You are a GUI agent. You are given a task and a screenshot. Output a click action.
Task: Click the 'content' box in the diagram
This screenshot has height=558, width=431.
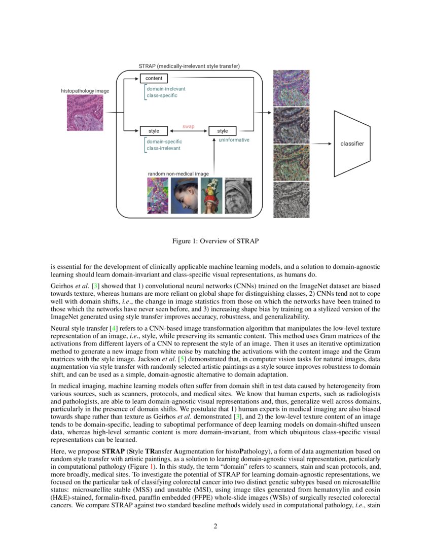coord(154,79)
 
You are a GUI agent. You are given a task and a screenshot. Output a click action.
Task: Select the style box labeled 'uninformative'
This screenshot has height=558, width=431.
coord(223,131)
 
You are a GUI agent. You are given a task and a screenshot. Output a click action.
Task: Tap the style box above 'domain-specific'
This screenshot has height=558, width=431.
coord(154,131)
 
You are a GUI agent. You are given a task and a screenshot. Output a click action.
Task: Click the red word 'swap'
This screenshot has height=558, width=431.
coord(188,126)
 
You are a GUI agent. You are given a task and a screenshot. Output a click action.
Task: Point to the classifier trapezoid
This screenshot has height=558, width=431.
coord(351,144)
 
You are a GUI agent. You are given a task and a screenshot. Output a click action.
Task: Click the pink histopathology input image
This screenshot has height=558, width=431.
coord(85,113)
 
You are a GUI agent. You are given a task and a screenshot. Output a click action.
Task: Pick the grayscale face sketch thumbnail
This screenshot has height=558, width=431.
coord(238,195)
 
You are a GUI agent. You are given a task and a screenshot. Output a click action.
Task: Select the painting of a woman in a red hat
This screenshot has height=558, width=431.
coord(211,195)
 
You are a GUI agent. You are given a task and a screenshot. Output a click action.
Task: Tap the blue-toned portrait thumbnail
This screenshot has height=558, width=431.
coord(184,195)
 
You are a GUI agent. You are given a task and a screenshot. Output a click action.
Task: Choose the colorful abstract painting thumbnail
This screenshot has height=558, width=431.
coord(157,195)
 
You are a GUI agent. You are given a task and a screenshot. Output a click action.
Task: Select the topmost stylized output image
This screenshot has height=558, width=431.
coord(288,88)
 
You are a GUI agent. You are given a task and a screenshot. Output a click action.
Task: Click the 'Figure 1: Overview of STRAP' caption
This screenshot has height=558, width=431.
coord(215,240)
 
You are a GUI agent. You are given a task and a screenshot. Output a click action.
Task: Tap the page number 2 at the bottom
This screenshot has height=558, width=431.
coord(215,526)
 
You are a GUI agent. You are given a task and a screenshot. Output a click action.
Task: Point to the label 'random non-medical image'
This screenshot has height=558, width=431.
coord(178,173)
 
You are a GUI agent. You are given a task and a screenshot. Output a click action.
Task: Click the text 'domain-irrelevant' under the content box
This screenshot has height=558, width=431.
coord(166,89)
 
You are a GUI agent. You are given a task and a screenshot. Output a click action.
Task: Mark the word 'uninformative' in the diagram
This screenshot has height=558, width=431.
coord(234,140)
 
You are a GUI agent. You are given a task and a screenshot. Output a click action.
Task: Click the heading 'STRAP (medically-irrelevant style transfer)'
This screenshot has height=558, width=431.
coord(189,66)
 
